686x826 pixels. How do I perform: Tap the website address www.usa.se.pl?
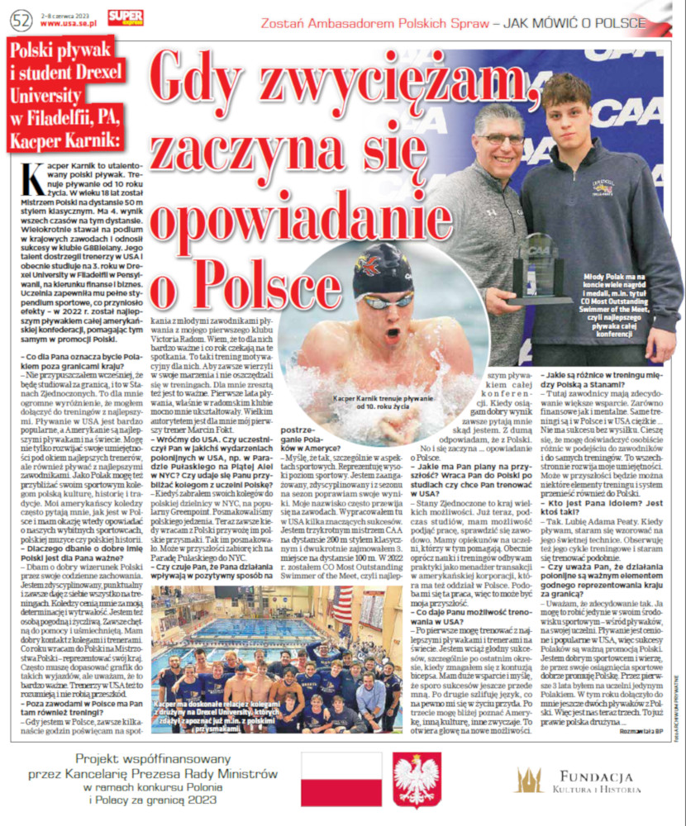[x=73, y=24]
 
